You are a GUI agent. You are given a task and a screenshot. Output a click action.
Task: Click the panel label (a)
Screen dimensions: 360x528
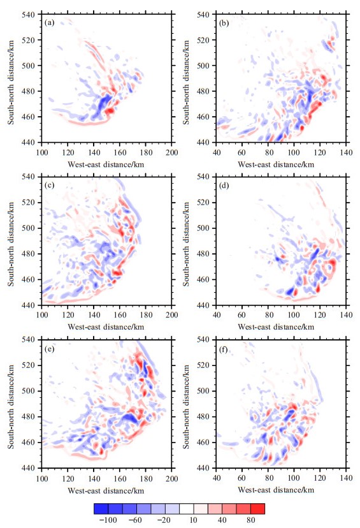(49, 23)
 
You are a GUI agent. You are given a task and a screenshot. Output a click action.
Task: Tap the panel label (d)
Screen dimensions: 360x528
(224, 186)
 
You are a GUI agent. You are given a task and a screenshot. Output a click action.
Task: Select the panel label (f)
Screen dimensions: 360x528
(224, 349)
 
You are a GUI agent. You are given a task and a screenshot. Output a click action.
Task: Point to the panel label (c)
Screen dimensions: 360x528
(49, 186)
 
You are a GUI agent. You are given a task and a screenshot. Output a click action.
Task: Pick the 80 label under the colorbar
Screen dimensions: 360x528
(250, 520)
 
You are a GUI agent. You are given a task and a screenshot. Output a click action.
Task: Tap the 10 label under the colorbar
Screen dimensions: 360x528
(193, 520)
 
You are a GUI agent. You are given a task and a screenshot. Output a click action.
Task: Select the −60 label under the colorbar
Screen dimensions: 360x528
(135, 520)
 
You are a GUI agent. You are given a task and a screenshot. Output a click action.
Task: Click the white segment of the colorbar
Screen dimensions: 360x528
(186, 509)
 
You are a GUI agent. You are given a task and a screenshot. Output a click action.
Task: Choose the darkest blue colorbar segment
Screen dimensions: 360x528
(101, 509)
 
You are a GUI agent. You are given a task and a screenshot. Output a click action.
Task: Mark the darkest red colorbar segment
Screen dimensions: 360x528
(257, 509)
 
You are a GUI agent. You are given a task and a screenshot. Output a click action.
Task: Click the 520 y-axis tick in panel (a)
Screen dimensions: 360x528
(29, 40)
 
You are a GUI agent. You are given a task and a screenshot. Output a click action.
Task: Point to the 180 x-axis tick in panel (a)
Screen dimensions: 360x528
(146, 152)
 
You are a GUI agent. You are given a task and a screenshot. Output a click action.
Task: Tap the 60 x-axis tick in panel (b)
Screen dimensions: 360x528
(241, 152)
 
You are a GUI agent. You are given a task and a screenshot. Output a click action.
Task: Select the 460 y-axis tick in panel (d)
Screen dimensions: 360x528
(203, 279)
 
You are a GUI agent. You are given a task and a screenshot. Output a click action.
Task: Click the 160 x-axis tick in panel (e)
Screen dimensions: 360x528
(120, 478)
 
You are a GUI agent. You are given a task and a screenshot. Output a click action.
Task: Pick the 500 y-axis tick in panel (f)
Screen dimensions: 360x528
(203, 391)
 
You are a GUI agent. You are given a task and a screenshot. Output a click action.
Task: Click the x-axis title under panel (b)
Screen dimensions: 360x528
(276, 165)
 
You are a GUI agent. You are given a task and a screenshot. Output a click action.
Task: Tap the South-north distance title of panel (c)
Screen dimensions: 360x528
(11, 244)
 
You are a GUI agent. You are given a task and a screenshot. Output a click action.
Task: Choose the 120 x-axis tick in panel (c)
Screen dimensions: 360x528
(68, 315)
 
